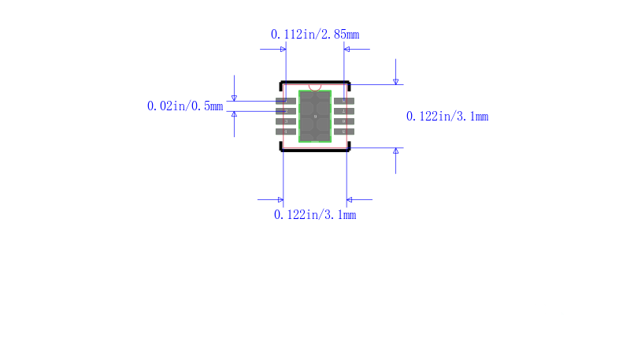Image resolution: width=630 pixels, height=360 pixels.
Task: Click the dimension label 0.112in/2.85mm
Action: (x=315, y=35)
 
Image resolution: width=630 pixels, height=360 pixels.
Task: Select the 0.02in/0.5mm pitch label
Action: (x=185, y=106)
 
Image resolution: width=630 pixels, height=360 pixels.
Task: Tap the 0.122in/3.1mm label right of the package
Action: (x=447, y=117)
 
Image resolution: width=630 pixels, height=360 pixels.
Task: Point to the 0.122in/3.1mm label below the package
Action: (x=315, y=215)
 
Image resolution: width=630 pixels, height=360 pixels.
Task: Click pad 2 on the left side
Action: (x=286, y=111)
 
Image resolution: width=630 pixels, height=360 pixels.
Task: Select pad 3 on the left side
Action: (x=286, y=121)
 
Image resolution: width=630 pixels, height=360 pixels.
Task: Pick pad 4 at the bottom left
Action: (x=286, y=132)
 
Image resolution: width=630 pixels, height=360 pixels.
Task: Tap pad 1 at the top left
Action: (x=286, y=101)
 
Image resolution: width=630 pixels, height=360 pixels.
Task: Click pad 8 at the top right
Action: (x=344, y=101)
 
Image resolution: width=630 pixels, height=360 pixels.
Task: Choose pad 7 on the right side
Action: (x=344, y=111)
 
